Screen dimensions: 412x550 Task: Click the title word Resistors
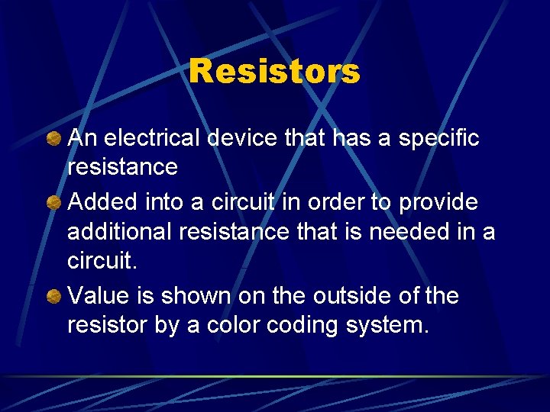(274, 72)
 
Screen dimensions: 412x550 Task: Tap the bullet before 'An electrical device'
(53, 139)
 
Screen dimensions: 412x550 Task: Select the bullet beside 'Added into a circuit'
(53, 203)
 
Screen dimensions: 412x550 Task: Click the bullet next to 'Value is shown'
(53, 296)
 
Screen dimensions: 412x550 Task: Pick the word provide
(438, 203)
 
